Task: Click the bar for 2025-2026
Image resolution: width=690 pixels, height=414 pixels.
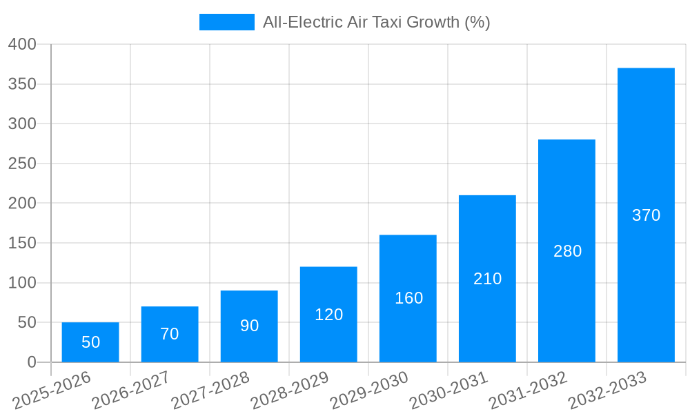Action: (90, 342)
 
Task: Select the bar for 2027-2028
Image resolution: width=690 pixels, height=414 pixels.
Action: (249, 326)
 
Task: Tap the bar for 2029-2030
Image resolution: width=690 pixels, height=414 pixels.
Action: (408, 298)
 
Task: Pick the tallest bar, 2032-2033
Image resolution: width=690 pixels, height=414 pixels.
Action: (646, 215)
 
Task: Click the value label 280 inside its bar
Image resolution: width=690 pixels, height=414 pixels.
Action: (567, 251)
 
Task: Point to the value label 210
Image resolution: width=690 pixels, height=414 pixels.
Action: (487, 279)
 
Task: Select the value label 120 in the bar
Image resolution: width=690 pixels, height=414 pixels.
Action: (328, 315)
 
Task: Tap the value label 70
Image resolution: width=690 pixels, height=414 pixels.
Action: (170, 334)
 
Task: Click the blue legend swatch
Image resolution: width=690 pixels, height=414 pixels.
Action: (226, 22)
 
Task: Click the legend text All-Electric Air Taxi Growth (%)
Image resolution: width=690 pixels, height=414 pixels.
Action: (376, 22)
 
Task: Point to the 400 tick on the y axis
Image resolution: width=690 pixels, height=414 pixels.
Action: (22, 44)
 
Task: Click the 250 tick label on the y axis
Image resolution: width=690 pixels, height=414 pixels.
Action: (22, 164)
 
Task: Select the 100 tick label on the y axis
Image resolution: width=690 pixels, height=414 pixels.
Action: (22, 283)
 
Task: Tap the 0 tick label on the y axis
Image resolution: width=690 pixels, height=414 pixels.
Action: (31, 362)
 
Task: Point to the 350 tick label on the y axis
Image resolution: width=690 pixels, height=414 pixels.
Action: (22, 84)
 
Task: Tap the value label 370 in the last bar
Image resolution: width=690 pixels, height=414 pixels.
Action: (646, 215)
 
